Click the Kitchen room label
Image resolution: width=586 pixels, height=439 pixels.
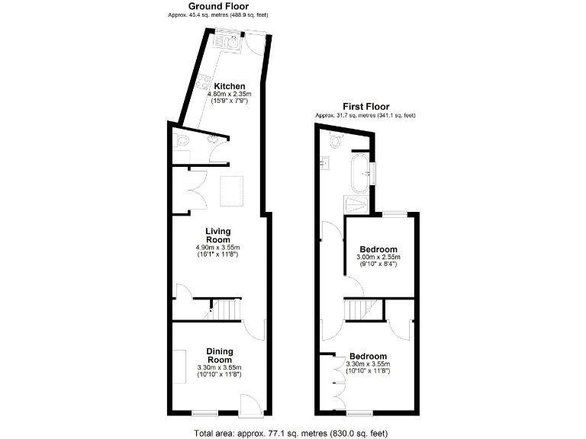[x=229, y=85]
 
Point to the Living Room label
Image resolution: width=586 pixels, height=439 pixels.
[x=217, y=235]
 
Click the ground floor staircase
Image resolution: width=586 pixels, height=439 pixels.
[x=226, y=310]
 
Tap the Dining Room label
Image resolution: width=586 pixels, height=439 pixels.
[x=219, y=355]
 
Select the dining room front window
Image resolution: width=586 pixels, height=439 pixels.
[x=204, y=414]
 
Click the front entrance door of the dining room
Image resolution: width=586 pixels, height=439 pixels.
[x=250, y=405]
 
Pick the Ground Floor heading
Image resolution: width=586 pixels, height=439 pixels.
[x=218, y=6]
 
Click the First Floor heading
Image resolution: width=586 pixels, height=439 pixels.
[x=366, y=107]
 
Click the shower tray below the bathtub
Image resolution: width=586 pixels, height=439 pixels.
[x=356, y=204]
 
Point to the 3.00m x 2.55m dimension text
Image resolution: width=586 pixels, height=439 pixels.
[x=378, y=258]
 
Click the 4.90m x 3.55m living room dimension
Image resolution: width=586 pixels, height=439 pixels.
[x=218, y=248]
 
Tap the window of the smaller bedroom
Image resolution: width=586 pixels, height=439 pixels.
[x=393, y=215]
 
